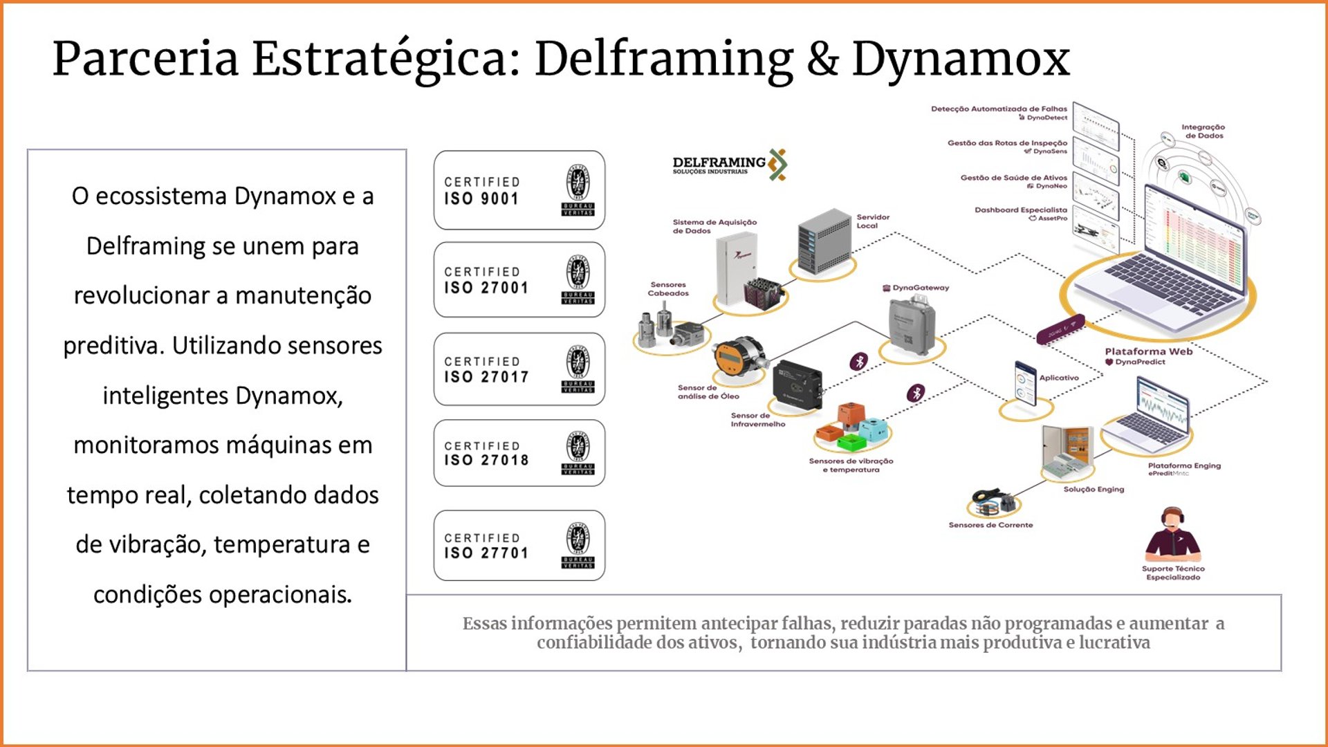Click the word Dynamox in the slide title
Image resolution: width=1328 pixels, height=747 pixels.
[x=961, y=59]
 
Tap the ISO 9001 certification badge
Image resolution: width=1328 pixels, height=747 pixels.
[x=519, y=190]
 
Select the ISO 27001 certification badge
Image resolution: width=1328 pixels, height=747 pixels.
[x=519, y=279]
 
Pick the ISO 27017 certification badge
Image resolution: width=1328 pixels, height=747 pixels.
[x=519, y=369]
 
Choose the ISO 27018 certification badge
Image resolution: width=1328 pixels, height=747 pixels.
[x=519, y=453]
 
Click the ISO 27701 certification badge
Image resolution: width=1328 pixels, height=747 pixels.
[x=519, y=546]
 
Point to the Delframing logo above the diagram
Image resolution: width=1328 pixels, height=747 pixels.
[x=729, y=165]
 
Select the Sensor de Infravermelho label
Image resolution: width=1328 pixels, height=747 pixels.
[x=757, y=420]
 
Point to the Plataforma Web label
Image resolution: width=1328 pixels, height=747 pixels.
[x=1148, y=351]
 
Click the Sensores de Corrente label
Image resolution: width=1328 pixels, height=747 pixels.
[x=990, y=525]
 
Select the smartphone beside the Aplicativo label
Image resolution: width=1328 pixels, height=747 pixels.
[x=1025, y=382]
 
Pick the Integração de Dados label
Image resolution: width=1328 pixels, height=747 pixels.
[x=1203, y=131]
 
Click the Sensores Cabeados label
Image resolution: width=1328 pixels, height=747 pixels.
[x=667, y=289]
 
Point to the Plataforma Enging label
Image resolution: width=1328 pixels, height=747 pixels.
[x=1183, y=465]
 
